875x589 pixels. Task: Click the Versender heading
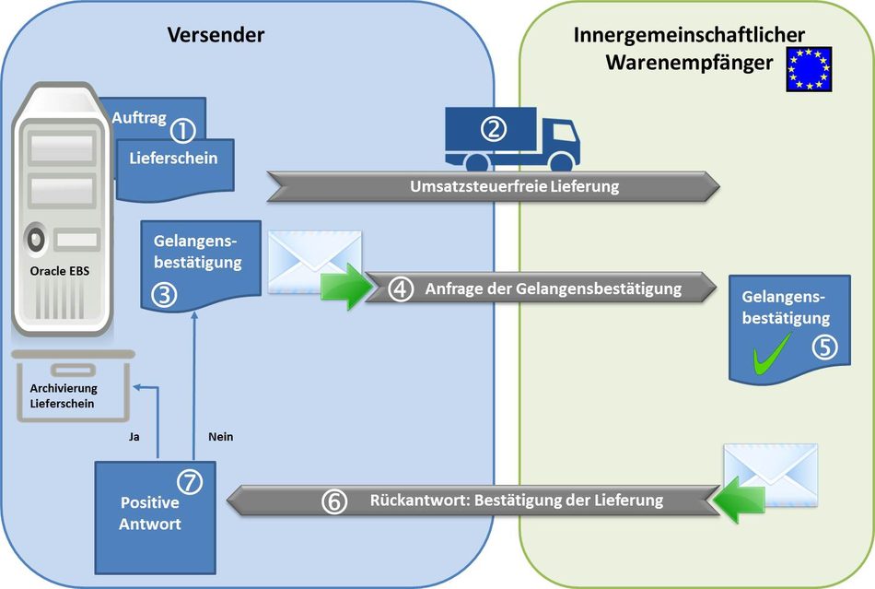(216, 35)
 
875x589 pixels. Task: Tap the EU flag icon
(809, 68)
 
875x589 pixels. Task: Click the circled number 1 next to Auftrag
(182, 130)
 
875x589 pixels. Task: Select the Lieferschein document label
(173, 158)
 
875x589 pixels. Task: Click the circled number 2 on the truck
(494, 129)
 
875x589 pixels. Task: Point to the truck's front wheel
(562, 162)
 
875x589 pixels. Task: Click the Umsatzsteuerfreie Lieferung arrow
(494, 186)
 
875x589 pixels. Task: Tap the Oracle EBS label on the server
(60, 271)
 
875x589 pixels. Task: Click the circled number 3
(165, 295)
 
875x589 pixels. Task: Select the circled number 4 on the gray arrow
(401, 289)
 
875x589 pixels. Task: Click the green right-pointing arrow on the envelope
(346, 286)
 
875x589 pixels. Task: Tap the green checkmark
(773, 353)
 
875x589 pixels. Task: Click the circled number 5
(824, 347)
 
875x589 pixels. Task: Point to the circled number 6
(334, 501)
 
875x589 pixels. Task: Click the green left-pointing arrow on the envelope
(739, 499)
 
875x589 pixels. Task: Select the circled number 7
(190, 481)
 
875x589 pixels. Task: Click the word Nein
(220, 437)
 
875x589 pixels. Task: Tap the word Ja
(134, 437)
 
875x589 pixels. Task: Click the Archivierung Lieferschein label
(63, 395)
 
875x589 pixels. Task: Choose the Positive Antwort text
(150, 513)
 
